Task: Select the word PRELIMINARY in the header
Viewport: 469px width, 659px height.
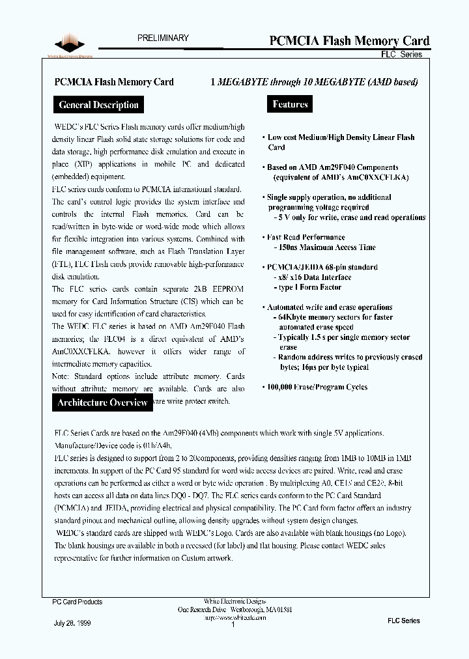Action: pyautogui.click(x=163, y=38)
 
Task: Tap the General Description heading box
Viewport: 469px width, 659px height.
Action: pyautogui.click(x=98, y=105)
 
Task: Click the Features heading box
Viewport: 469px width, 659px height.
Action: pyautogui.click(x=290, y=104)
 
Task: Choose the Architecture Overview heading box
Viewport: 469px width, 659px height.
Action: pyautogui.click(x=102, y=402)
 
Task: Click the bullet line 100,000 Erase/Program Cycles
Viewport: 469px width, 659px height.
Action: pyautogui.click(x=317, y=387)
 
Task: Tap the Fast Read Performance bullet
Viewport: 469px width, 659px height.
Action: pyautogui.click(x=306, y=238)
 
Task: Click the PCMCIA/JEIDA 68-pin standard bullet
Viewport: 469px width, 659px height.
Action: pyautogui.click(x=322, y=267)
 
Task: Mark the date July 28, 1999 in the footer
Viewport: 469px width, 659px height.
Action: pyautogui.click(x=72, y=623)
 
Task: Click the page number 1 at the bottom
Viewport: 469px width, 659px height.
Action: pyautogui.click(x=233, y=624)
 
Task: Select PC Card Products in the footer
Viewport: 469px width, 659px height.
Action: pyautogui.click(x=77, y=602)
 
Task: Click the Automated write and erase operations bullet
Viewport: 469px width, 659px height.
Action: pyautogui.click(x=330, y=307)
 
